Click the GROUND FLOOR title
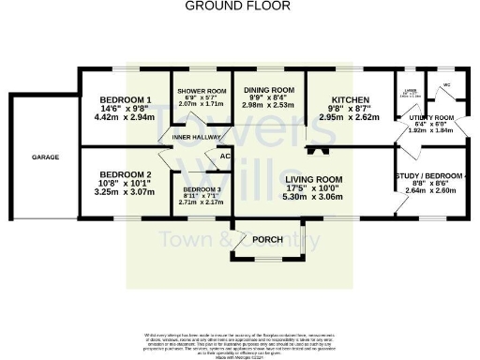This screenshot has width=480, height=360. tap(238, 6)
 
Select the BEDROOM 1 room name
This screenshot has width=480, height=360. tap(126, 100)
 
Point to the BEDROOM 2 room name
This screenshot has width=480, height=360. tap(126, 174)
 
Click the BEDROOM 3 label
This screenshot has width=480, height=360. tap(199, 187)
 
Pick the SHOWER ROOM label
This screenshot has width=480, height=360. tap(202, 91)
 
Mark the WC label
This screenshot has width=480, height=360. tap(446, 85)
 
